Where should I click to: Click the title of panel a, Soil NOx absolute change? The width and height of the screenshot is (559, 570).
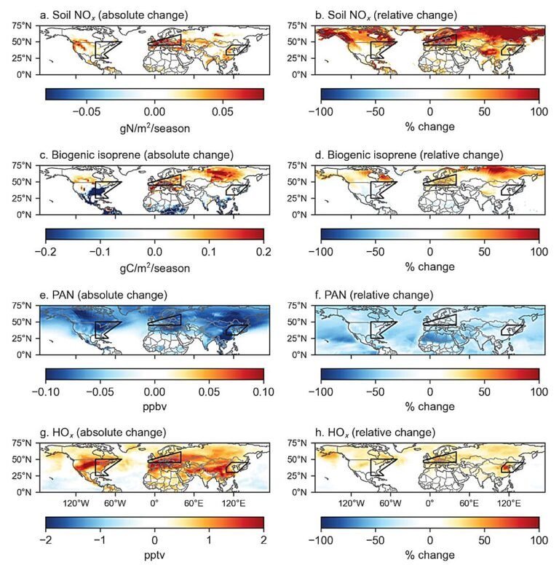[x=116, y=15]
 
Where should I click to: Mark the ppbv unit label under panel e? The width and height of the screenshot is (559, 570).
[x=154, y=406]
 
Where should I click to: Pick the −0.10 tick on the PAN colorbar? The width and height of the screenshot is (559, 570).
[x=45, y=392]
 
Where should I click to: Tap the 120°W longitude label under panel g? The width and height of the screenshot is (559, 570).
[x=75, y=503]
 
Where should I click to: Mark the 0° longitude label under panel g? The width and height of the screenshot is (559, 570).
[x=154, y=503]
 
